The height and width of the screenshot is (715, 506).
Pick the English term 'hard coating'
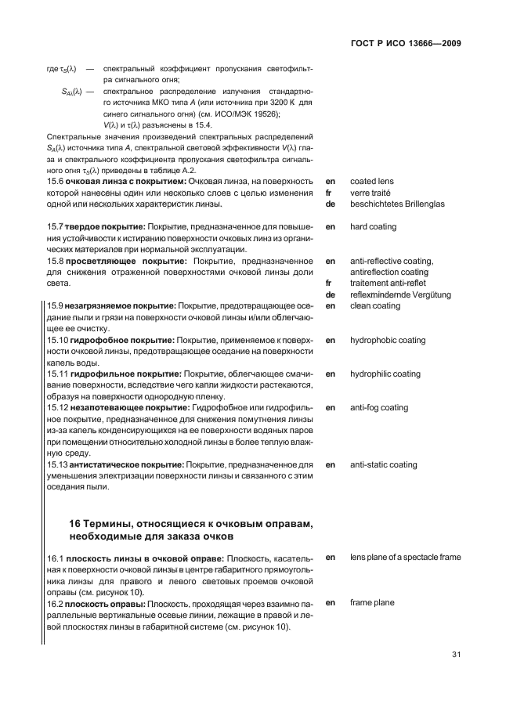[373, 227]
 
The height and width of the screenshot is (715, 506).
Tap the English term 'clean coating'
[375, 306]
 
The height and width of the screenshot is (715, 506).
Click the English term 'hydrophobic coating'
[388, 341]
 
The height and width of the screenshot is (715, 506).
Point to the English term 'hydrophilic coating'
[385, 374]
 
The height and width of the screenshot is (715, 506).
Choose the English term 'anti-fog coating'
[379, 408]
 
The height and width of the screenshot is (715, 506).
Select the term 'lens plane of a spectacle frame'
[406, 558]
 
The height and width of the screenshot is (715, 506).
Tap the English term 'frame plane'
[373, 603]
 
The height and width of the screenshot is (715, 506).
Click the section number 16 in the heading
[76, 523]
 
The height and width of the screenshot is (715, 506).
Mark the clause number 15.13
[59, 465]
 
